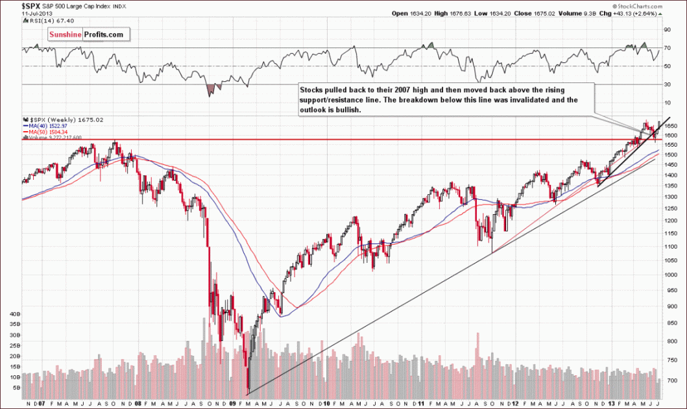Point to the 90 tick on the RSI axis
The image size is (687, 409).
coord(666,29)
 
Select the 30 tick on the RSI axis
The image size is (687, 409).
coord(666,84)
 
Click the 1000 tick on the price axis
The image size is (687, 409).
coord(669,274)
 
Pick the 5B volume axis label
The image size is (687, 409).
coord(15,388)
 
